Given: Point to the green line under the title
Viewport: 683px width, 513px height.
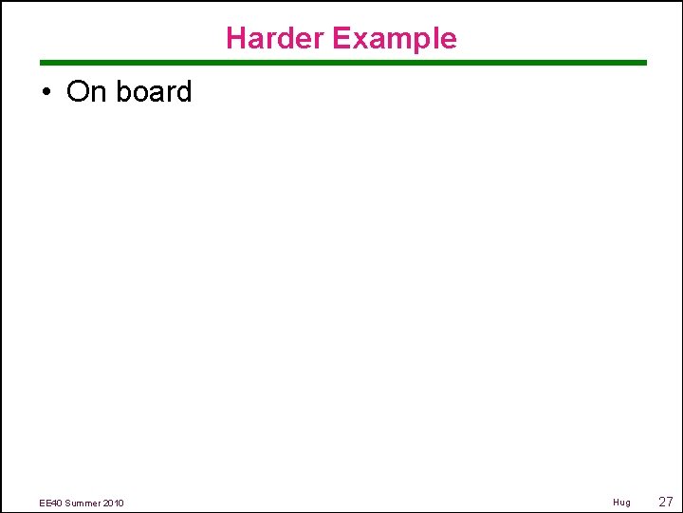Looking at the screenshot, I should (x=341, y=63).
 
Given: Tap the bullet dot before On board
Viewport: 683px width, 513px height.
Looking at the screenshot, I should (x=45, y=92).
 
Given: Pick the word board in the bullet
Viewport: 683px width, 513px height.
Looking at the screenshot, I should (x=155, y=92).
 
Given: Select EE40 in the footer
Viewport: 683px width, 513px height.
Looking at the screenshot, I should (x=51, y=503).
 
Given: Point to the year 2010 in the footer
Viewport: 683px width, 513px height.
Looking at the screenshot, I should (x=114, y=503).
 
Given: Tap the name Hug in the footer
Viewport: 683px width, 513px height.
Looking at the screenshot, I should (x=621, y=502).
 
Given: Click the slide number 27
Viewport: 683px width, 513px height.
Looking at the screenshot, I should (x=665, y=501).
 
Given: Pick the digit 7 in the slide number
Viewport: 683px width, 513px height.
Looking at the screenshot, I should (x=670, y=501).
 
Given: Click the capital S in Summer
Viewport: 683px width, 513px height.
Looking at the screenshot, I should (x=68, y=503).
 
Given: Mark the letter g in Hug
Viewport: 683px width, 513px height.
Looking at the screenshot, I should (x=627, y=503).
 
